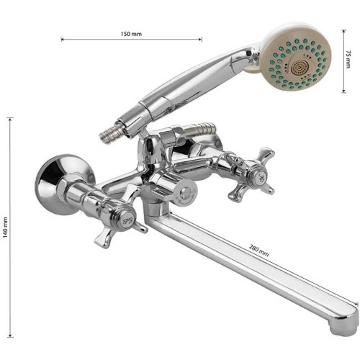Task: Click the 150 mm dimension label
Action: tap(131, 34)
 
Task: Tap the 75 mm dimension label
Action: tap(348, 59)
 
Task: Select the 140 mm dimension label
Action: tap(5, 228)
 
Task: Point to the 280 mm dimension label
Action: tap(258, 251)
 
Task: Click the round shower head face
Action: tap(297, 63)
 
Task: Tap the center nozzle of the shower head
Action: tap(299, 67)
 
